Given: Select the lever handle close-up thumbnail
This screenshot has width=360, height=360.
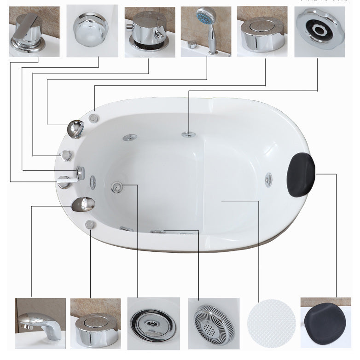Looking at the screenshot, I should [35, 31].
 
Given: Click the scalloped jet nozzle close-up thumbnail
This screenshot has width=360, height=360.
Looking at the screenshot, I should [319, 31].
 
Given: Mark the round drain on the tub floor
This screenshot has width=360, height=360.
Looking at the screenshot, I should [117, 186].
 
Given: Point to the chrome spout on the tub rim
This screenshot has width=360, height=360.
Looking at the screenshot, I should [83, 203].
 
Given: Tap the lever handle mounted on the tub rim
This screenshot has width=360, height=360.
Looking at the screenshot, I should [64, 181].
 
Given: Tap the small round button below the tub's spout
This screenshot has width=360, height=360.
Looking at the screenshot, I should [89, 224].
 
